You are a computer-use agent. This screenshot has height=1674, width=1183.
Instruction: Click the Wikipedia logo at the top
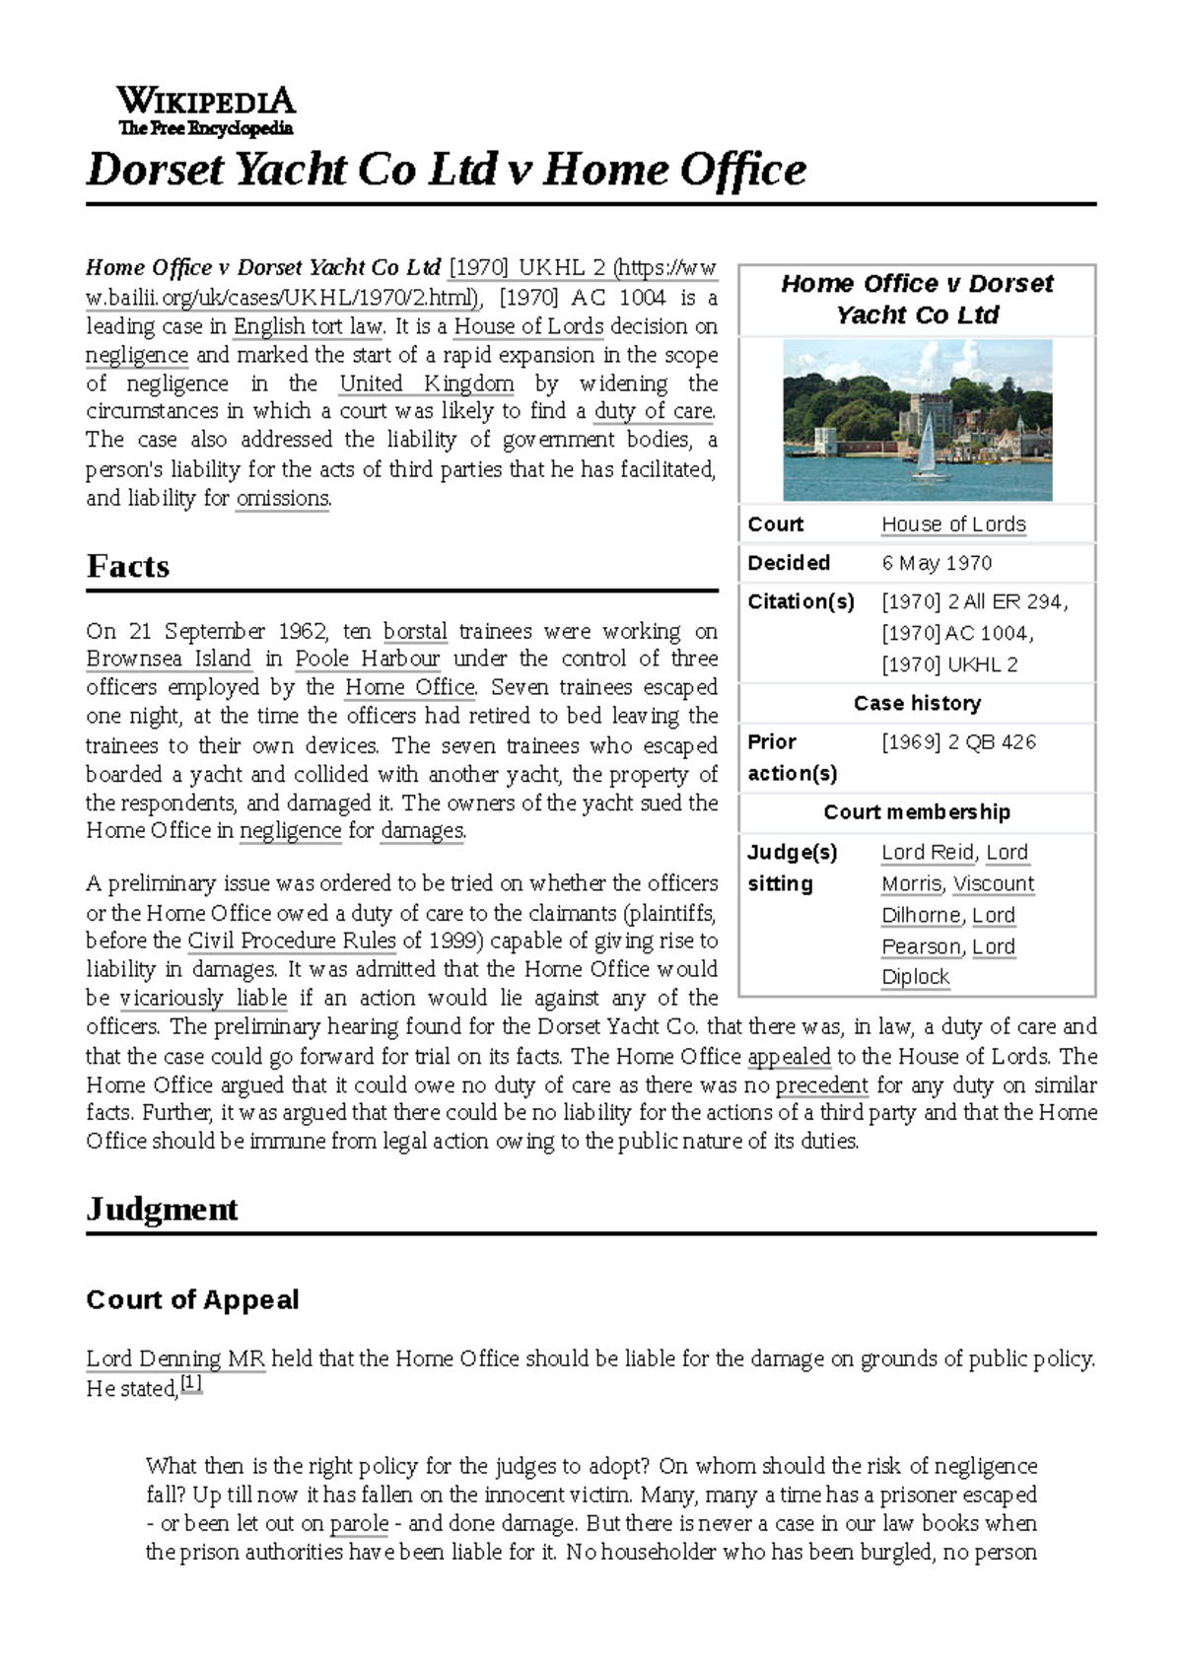coord(205,110)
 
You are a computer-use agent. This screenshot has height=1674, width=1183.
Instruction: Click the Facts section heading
coord(128,566)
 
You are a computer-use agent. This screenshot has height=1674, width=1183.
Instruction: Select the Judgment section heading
coord(162,1209)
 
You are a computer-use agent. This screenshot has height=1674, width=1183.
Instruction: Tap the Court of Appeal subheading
coord(192,1299)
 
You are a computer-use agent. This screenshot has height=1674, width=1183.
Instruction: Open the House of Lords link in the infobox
coord(953,524)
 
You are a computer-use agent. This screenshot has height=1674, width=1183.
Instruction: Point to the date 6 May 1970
coord(937,563)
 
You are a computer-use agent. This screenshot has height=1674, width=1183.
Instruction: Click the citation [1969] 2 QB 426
coord(958,741)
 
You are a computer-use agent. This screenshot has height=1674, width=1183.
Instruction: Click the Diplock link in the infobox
coord(915,976)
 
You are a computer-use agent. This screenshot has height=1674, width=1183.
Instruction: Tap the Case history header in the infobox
coord(917,703)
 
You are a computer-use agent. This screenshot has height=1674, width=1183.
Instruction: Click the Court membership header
coord(917,811)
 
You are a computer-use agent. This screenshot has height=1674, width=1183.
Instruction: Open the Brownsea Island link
coord(169,659)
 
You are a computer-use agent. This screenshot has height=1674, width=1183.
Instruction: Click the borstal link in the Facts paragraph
coord(415,631)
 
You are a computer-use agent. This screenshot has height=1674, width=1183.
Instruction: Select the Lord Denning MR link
coord(175,1359)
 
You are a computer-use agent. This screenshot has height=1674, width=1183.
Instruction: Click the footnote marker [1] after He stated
coord(191,1384)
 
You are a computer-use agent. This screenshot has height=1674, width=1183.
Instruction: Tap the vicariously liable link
coord(203,998)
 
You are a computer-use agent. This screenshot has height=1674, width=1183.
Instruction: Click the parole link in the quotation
coord(359,1523)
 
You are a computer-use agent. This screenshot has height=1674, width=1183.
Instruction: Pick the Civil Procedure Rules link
coord(292,941)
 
